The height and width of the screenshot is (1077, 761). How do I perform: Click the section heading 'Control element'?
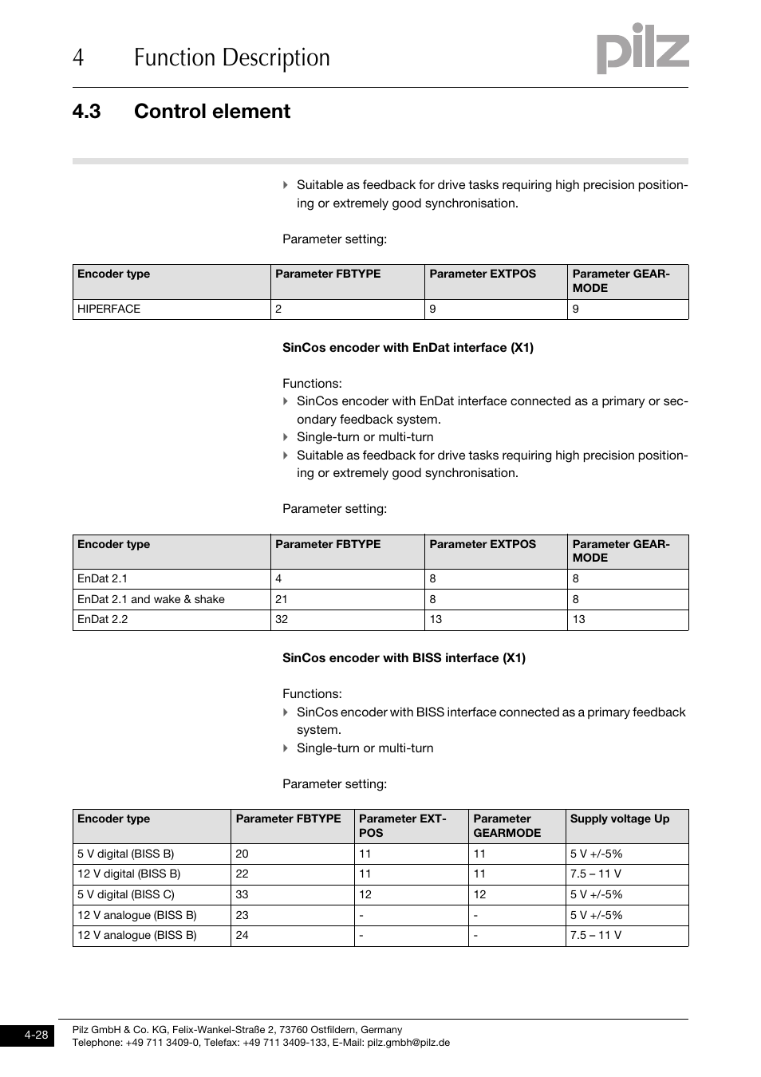pyautogui.click(x=211, y=111)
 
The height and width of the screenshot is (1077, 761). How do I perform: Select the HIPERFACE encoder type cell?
pyautogui.click(x=108, y=310)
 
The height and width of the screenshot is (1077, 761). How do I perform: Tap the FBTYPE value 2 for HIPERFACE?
pyautogui.click(x=278, y=310)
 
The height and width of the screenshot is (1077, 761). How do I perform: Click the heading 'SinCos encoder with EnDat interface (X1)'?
pyautogui.click(x=408, y=348)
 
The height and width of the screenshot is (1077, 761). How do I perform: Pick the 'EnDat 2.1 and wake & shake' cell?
pyautogui.click(x=151, y=599)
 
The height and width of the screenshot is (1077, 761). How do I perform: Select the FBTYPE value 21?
pyautogui.click(x=282, y=599)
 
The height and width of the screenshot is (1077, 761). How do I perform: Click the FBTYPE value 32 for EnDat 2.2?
pyautogui.click(x=282, y=619)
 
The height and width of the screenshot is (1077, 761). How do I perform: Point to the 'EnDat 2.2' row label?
pyautogui.click(x=102, y=619)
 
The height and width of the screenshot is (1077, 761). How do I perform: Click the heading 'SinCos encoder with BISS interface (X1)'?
pyautogui.click(x=404, y=658)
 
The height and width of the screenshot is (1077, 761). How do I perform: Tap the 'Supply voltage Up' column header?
pyautogui.click(x=619, y=819)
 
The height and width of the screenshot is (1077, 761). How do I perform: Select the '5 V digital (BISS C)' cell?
pyautogui.click(x=126, y=894)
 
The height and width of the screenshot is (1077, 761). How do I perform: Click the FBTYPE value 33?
pyautogui.click(x=242, y=894)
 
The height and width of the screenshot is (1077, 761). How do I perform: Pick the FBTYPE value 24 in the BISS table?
pyautogui.click(x=242, y=935)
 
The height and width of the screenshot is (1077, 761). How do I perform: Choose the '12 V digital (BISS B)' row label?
pyautogui.click(x=128, y=874)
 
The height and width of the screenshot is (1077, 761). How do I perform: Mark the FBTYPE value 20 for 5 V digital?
pyautogui.click(x=242, y=854)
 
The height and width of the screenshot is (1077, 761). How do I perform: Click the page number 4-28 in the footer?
pyautogui.click(x=36, y=1035)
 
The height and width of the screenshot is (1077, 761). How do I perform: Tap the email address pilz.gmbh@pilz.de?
pyautogui.click(x=408, y=1043)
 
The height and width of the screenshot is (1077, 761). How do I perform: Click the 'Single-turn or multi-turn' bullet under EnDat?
pyautogui.click(x=365, y=437)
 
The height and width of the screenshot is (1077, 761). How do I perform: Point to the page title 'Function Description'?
pyautogui.click(x=231, y=57)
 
